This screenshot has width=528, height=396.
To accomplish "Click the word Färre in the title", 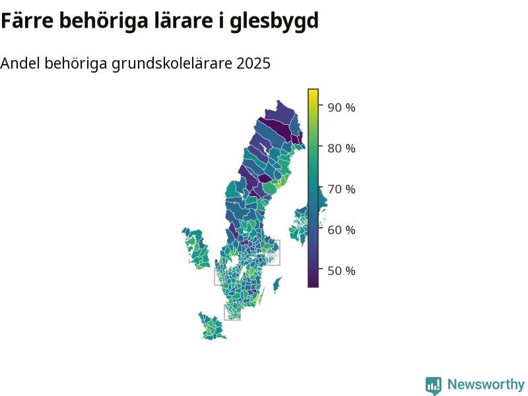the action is (27, 20).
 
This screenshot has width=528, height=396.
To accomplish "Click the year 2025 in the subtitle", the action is (253, 63).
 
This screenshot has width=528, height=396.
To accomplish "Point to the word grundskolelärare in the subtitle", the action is (172, 64).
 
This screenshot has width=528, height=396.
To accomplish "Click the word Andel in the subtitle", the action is (20, 63).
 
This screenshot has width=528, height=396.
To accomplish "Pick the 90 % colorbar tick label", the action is (341, 108).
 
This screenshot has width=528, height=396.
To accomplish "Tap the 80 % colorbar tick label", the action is (341, 148).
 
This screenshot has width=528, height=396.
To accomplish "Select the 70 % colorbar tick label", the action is (341, 189).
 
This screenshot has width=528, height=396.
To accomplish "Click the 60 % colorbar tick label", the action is (341, 230).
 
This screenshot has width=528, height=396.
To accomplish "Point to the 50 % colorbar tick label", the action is (341, 271).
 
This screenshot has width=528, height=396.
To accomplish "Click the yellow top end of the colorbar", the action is (313, 91).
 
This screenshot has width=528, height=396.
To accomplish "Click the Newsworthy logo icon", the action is (434, 385).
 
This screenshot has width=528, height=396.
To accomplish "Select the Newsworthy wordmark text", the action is (486, 384).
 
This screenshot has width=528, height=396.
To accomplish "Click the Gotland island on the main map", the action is (277, 285).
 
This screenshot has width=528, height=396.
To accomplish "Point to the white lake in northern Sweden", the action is (265, 149).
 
